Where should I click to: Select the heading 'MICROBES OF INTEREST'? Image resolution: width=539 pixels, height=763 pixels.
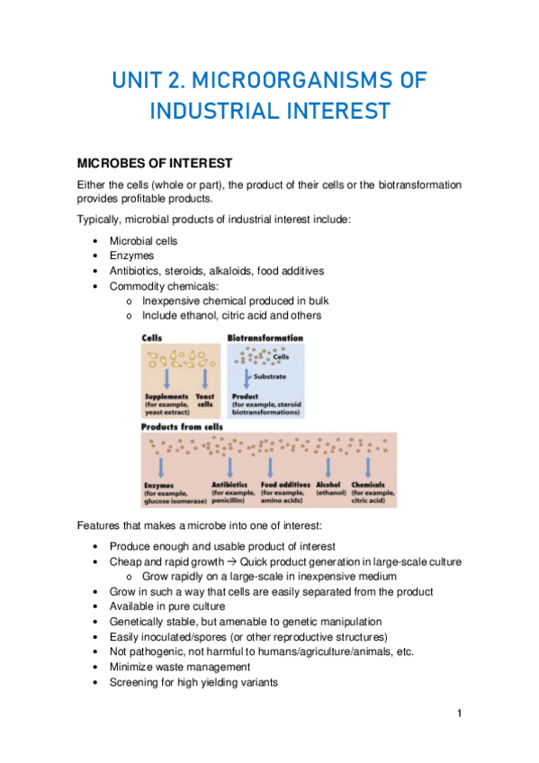(155, 163)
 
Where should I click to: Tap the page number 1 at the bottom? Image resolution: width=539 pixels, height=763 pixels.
(459, 714)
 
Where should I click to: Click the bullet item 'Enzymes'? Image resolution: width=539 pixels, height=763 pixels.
(131, 256)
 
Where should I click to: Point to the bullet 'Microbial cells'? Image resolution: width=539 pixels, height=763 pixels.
(144, 241)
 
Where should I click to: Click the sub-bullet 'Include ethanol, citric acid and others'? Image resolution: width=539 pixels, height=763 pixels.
(231, 316)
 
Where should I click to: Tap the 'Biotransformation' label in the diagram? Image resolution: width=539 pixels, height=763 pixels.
(265, 338)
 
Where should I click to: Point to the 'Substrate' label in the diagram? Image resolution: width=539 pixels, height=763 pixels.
(270, 376)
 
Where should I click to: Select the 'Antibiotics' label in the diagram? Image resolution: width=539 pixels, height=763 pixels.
(229, 485)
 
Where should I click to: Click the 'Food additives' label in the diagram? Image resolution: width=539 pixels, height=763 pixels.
(283, 485)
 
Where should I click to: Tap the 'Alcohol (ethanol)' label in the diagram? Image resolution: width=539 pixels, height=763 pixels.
(328, 489)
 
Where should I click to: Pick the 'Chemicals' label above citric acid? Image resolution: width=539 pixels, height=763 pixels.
(370, 485)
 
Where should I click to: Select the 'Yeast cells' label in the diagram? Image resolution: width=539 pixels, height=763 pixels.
(205, 399)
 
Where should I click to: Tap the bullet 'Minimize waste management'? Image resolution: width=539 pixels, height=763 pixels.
(180, 667)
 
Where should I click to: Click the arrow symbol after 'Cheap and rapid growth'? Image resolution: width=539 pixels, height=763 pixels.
(230, 561)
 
